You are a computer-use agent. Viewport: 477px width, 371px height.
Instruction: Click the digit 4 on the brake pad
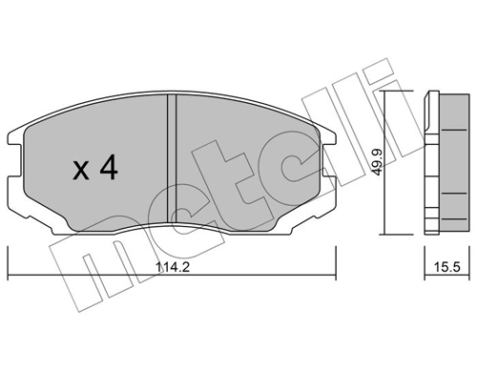(108, 169)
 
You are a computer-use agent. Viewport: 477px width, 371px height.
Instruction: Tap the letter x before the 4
(83, 172)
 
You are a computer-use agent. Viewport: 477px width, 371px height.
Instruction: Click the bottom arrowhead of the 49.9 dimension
(384, 232)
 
